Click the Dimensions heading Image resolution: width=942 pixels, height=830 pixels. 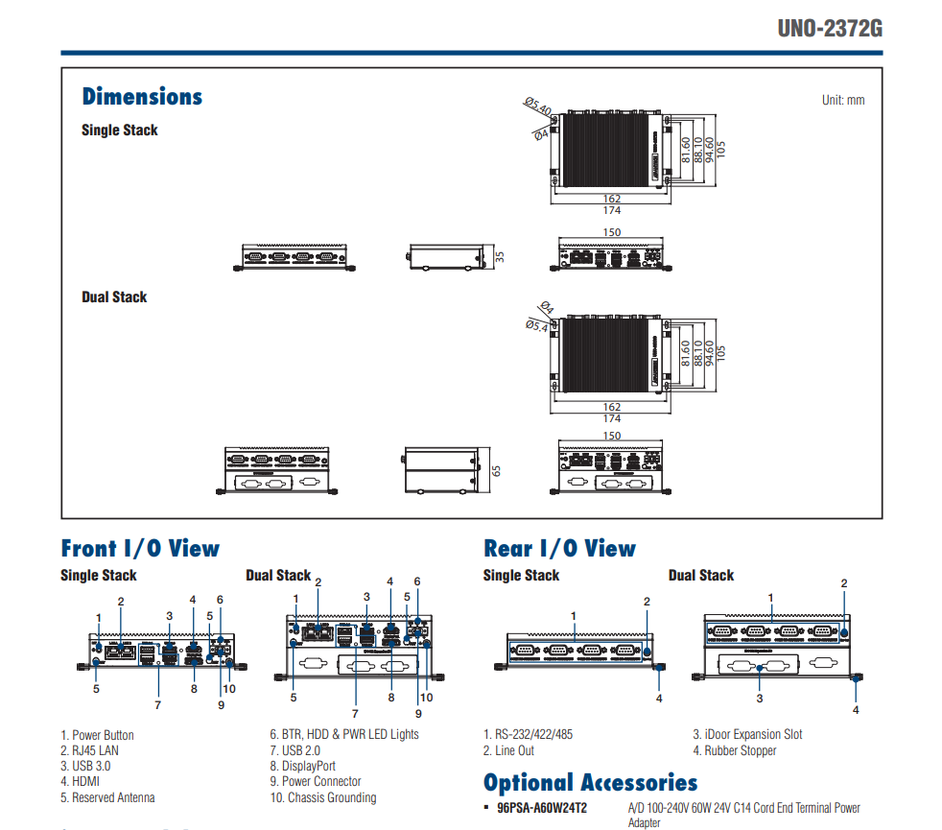[142, 97]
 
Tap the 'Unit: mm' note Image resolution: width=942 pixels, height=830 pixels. [843, 100]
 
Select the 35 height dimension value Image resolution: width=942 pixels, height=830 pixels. [500, 257]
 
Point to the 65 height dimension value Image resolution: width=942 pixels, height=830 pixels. [497, 470]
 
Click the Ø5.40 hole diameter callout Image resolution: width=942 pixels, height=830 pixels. [537, 106]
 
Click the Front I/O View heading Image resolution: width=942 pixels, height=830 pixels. [140, 549]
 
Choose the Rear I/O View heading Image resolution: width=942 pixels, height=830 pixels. [559, 549]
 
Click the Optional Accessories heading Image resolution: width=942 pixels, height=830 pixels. [590, 783]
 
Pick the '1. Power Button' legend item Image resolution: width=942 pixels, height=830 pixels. [97, 735]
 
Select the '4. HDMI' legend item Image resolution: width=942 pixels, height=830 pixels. [82, 782]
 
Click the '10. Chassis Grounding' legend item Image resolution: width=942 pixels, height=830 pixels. [322, 797]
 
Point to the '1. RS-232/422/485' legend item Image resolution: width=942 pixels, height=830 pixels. [528, 735]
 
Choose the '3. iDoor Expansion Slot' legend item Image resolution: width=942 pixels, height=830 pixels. [747, 735]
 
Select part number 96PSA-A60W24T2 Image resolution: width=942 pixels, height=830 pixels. [542, 808]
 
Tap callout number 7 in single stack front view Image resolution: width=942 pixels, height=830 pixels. [157, 705]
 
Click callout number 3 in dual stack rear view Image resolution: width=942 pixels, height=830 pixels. [760, 698]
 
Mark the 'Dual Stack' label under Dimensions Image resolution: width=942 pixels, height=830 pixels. [114, 297]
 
